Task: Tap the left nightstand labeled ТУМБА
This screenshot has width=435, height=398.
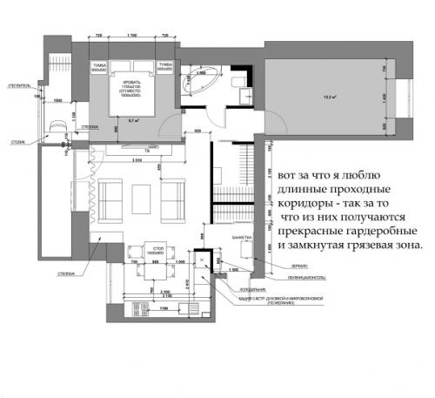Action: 98,67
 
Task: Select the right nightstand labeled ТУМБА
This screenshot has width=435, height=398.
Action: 163,67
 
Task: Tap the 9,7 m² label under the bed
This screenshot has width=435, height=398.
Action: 134,120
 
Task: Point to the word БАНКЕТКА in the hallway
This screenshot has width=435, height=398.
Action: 231,237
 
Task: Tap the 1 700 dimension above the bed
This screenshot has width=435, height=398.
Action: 131,35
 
